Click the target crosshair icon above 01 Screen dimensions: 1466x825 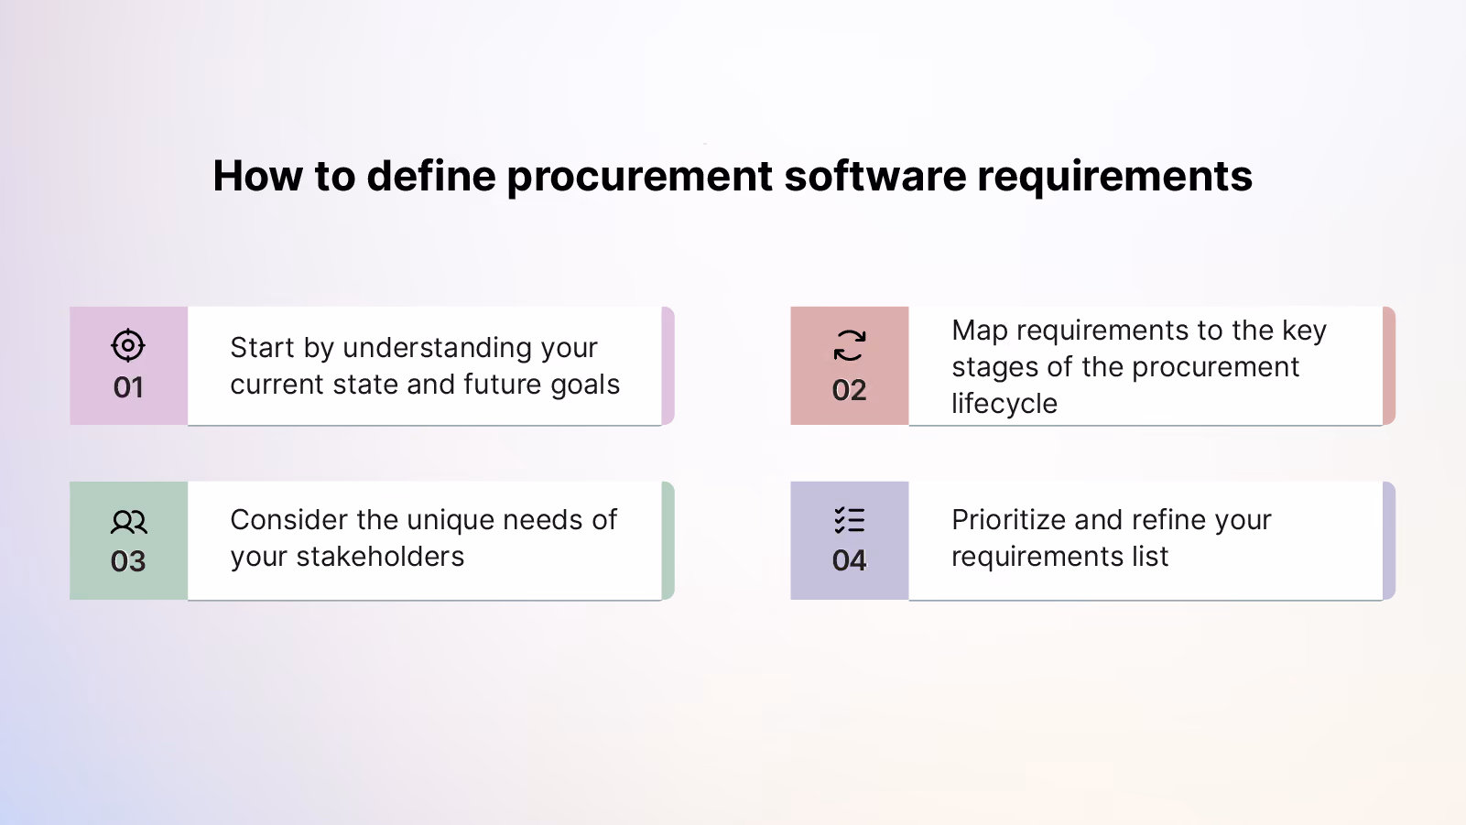(x=127, y=345)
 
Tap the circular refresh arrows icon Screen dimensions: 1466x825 (x=850, y=345)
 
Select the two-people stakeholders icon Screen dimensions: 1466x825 (x=129, y=522)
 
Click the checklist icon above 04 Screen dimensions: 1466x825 (x=850, y=520)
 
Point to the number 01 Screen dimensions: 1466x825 (x=128, y=388)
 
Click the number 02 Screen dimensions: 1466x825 (x=850, y=391)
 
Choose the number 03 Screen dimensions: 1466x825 (x=128, y=561)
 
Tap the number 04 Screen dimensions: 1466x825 (x=850, y=560)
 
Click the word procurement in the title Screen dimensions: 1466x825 (x=639, y=178)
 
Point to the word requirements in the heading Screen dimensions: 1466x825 (x=1114, y=178)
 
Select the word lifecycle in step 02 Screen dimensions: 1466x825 (x=1004, y=404)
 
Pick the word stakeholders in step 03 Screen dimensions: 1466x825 (x=380, y=557)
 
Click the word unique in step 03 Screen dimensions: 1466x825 (x=451, y=521)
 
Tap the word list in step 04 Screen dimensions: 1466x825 (x=1153, y=557)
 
